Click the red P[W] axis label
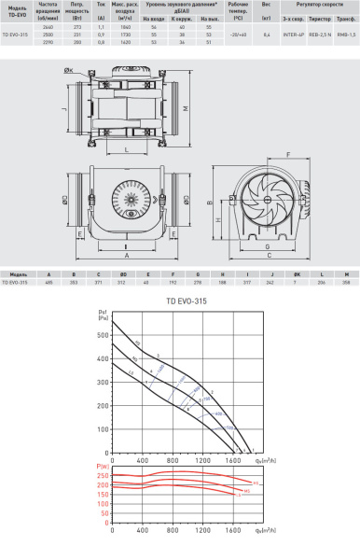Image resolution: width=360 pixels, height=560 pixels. click(x=102, y=465)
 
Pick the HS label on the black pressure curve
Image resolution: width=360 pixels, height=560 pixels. click(x=136, y=343)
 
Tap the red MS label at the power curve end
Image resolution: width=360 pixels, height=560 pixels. click(x=246, y=489)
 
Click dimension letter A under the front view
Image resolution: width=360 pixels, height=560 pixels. click(x=125, y=253)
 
